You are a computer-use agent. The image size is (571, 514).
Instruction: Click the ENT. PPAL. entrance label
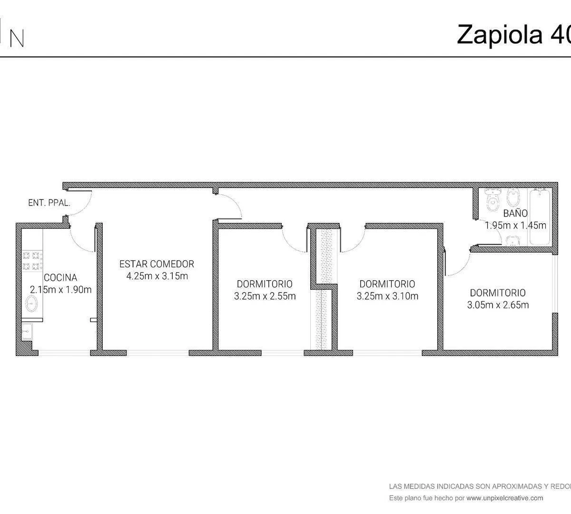tap(49, 203)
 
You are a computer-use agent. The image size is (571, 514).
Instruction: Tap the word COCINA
tap(60, 277)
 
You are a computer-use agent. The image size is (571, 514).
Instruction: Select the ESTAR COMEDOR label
tap(157, 264)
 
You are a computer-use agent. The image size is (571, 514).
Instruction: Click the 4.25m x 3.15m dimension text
tap(157, 276)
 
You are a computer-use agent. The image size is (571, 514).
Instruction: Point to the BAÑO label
tap(515, 213)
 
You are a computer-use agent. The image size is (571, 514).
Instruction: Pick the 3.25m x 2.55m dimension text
tap(265, 296)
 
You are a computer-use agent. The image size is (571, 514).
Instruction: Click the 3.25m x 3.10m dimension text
tap(387, 296)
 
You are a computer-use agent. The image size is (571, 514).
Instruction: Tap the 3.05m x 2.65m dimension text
tap(498, 305)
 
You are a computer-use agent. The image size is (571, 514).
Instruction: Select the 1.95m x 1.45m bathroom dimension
tap(515, 225)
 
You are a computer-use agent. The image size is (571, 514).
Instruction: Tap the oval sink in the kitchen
tap(31, 304)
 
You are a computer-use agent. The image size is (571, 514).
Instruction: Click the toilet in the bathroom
tap(492, 200)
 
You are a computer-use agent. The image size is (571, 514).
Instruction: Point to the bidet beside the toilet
tap(513, 197)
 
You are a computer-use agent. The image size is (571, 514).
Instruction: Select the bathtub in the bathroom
tap(540, 217)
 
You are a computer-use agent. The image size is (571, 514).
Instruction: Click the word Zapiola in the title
tap(500, 35)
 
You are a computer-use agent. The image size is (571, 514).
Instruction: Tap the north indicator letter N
tap(17, 39)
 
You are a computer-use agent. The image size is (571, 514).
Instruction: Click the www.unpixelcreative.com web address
tap(505, 498)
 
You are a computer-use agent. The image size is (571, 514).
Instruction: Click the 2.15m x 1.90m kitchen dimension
tap(60, 290)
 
